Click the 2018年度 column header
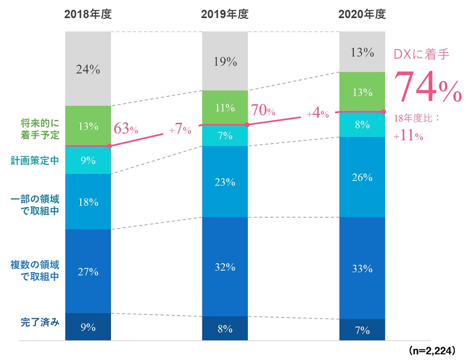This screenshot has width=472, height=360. [x=87, y=14]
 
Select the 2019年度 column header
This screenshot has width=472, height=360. [x=225, y=14]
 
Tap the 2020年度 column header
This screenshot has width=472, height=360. [x=362, y=14]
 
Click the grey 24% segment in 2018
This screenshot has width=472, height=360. [x=88, y=69]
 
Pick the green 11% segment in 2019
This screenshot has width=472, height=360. [x=225, y=107]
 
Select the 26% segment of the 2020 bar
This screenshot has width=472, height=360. [x=362, y=177]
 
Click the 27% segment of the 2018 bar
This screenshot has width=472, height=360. [x=88, y=271]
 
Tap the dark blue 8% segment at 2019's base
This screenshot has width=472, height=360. [x=225, y=328]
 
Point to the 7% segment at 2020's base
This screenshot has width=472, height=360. [x=362, y=330]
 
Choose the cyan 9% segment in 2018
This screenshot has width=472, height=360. [x=88, y=160]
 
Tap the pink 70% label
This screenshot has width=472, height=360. [x=263, y=111]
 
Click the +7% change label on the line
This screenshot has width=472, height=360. [x=180, y=130]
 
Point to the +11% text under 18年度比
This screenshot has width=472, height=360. [x=408, y=136]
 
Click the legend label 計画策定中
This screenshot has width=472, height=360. [x=36, y=161]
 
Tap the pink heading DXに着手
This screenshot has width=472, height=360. [x=421, y=54]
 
